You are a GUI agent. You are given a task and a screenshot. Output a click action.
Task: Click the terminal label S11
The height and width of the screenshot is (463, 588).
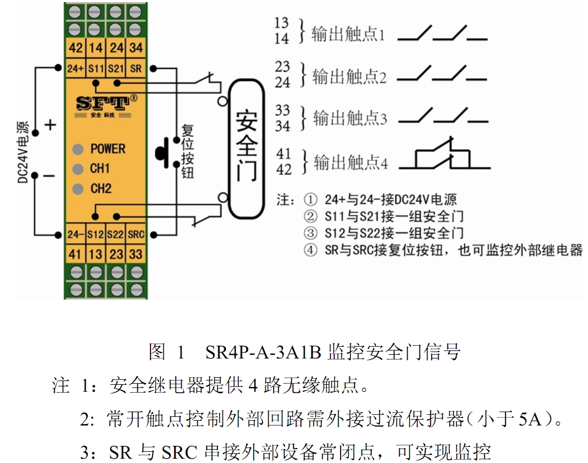(x=96, y=69)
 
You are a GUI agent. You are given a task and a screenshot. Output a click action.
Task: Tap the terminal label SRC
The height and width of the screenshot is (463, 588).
(x=135, y=235)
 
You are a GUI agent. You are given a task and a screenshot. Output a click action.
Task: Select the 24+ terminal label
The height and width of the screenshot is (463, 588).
(x=76, y=69)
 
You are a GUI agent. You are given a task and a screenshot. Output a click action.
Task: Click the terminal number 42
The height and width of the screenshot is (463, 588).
(x=76, y=48)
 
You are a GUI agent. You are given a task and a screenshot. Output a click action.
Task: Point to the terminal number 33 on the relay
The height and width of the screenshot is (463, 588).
(x=135, y=254)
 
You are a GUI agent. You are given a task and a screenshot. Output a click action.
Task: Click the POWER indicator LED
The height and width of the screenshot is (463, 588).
(x=78, y=150)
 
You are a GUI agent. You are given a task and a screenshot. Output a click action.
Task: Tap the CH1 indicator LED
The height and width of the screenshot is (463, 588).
(x=78, y=169)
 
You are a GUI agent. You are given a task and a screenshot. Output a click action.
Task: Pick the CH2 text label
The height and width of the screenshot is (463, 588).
(x=101, y=188)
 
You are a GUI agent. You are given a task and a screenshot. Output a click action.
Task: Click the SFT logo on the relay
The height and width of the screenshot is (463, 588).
(x=107, y=103)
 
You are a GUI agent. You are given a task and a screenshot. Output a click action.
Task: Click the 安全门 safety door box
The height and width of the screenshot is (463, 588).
(x=246, y=149)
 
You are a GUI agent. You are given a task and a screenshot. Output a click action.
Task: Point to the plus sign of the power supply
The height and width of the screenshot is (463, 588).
(x=50, y=125)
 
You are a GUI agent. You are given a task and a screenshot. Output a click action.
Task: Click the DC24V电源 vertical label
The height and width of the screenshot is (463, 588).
(x=23, y=152)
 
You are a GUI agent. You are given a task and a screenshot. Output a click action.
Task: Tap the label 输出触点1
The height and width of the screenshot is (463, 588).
(x=348, y=34)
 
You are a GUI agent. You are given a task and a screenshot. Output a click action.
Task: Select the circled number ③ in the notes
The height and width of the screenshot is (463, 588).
(x=310, y=233)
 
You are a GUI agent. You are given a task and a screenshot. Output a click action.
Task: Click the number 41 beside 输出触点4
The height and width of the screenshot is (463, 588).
(x=283, y=154)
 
